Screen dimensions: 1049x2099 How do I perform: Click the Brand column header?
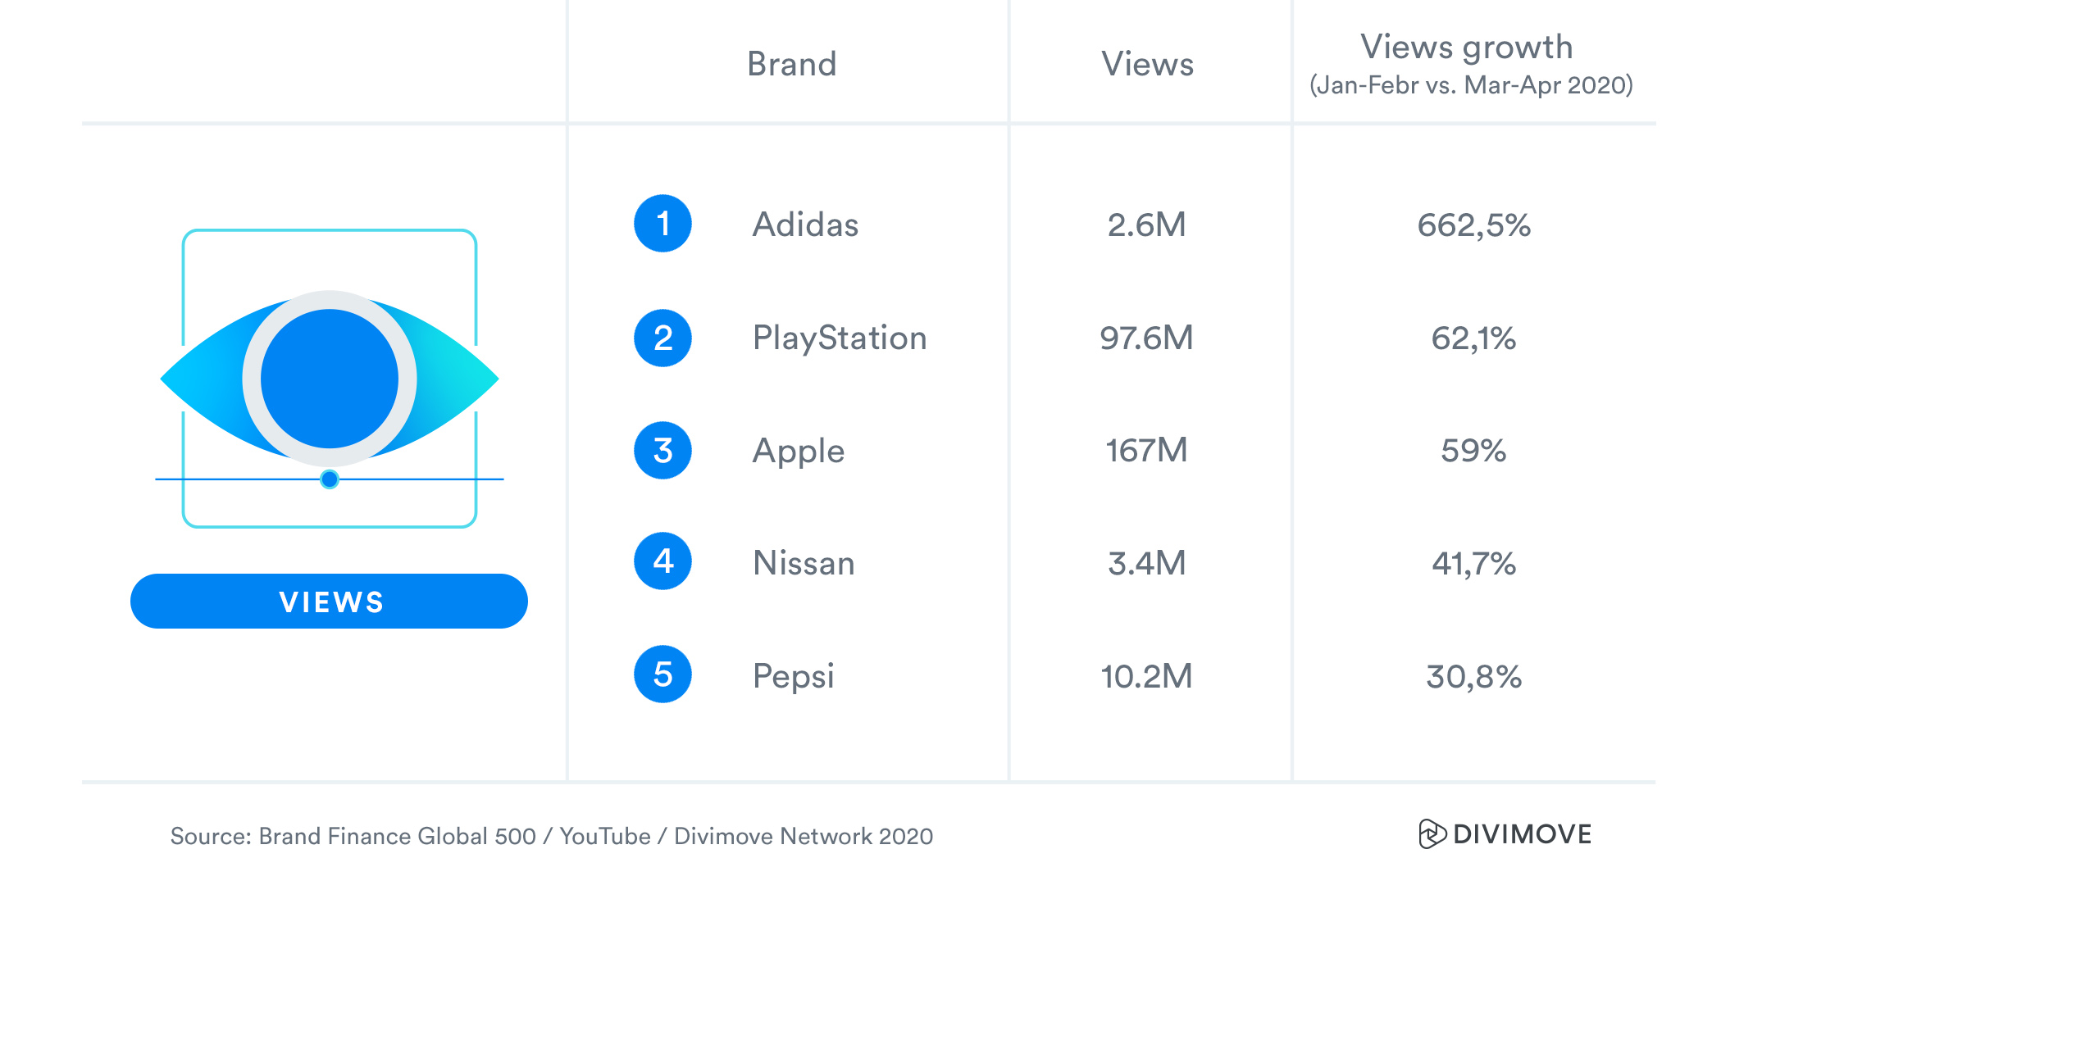(x=791, y=64)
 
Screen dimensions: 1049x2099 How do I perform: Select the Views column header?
(x=1147, y=64)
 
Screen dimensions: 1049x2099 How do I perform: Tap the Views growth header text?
(x=1466, y=48)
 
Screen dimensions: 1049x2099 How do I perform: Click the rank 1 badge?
(x=662, y=224)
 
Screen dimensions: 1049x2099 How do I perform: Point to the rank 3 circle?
(x=662, y=450)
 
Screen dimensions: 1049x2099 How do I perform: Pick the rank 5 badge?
(x=662, y=674)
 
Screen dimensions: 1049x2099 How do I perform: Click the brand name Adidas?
(x=805, y=225)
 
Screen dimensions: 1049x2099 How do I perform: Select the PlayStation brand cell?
(x=840, y=338)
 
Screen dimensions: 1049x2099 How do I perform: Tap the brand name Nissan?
(x=804, y=563)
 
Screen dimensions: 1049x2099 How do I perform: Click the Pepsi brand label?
(x=793, y=676)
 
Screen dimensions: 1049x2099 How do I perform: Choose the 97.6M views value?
(x=1146, y=338)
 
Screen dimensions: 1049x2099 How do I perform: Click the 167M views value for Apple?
(x=1146, y=450)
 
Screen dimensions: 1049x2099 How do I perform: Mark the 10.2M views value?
(x=1146, y=676)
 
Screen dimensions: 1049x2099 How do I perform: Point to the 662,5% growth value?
(x=1473, y=225)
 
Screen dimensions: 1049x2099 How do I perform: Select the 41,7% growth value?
(x=1473, y=563)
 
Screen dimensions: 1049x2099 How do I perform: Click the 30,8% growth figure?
(x=1473, y=676)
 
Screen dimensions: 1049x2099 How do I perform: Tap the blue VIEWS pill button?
(x=329, y=602)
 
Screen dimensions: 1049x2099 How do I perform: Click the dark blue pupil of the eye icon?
(x=330, y=379)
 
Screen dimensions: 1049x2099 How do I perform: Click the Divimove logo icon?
(x=1432, y=833)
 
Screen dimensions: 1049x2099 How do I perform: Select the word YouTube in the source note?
(x=605, y=836)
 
